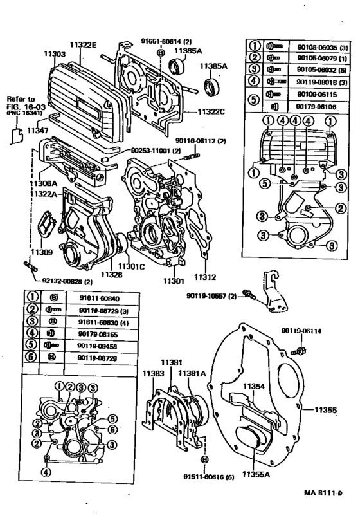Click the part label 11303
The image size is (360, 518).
[55, 55]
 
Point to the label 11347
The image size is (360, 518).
[37, 131]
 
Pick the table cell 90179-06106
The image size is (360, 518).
[313, 106]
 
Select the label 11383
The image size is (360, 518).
[152, 373]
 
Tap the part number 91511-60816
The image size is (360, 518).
[205, 479]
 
